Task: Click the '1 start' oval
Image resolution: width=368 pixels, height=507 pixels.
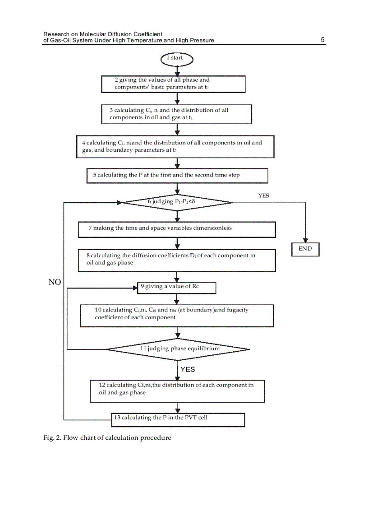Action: click(177, 58)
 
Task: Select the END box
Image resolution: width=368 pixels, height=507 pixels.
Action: click(305, 249)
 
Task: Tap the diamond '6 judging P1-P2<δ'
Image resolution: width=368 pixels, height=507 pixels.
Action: click(177, 202)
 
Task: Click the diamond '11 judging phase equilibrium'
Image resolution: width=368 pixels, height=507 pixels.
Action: click(178, 349)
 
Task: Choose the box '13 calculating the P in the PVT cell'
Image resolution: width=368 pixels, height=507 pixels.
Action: click(178, 419)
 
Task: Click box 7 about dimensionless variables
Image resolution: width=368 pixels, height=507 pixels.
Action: click(176, 229)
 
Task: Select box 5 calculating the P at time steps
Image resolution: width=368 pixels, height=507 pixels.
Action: click(177, 175)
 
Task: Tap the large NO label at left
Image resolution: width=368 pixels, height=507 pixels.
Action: click(55, 282)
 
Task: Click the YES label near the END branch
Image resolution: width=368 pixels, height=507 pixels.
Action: click(263, 195)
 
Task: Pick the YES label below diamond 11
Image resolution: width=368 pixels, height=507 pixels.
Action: click(188, 369)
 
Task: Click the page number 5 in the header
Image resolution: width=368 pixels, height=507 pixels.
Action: click(322, 40)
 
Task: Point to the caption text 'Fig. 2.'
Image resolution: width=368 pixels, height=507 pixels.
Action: click(52, 438)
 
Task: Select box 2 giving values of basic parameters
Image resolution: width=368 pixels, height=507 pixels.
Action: click(173, 84)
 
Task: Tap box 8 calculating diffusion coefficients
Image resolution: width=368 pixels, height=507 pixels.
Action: click(176, 260)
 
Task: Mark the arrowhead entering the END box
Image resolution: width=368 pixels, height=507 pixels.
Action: click(305, 241)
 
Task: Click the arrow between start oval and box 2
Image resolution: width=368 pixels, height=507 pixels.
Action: click(177, 70)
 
